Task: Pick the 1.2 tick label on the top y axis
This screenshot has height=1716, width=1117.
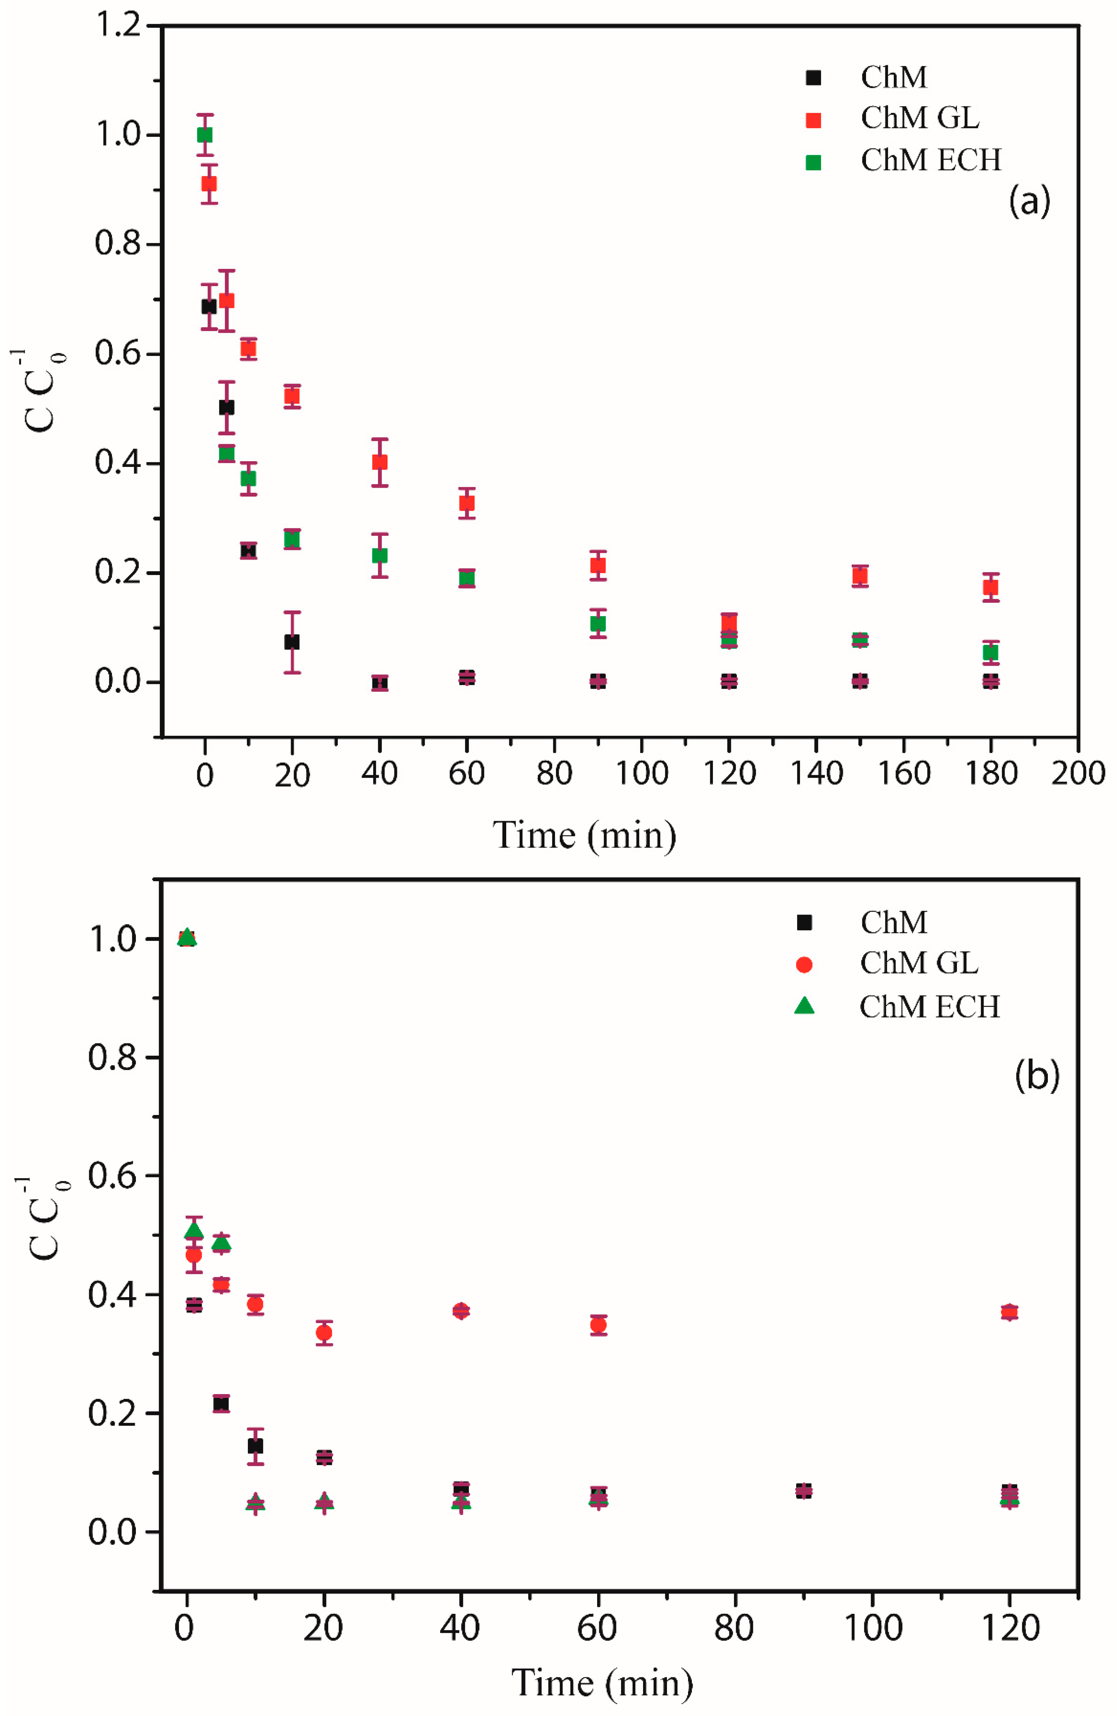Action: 118,26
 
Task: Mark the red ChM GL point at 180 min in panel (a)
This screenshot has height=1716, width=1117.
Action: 990,588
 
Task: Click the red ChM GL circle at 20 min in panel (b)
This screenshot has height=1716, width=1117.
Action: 324,1333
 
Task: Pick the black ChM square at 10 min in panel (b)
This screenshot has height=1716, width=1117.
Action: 255,1446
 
